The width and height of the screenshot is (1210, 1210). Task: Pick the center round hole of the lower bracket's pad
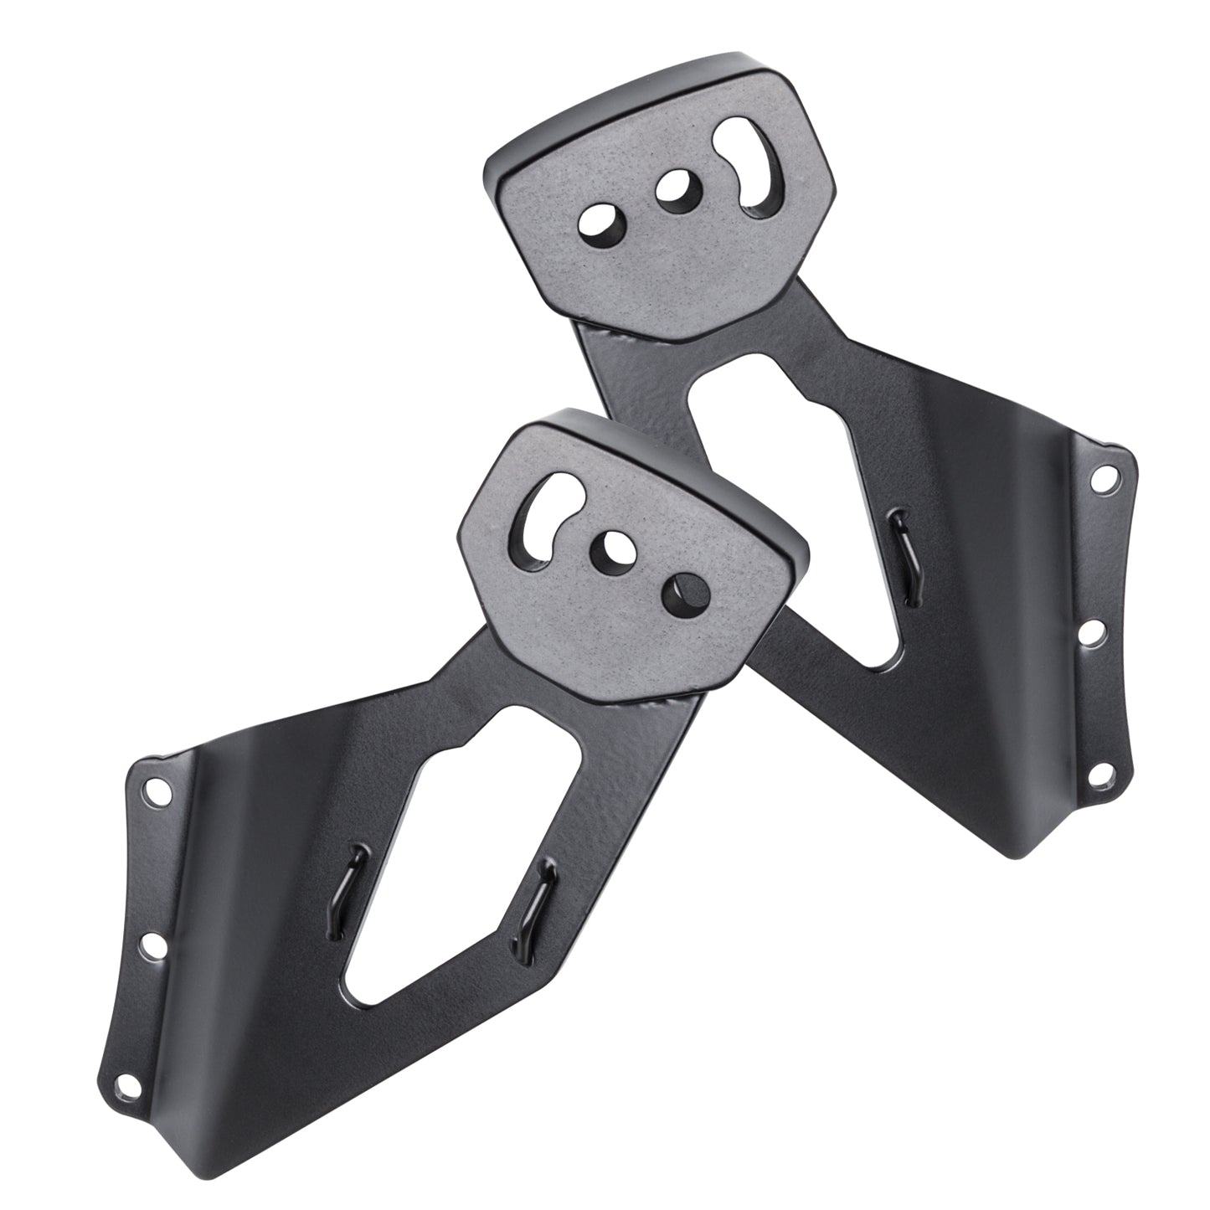pyautogui.click(x=616, y=550)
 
